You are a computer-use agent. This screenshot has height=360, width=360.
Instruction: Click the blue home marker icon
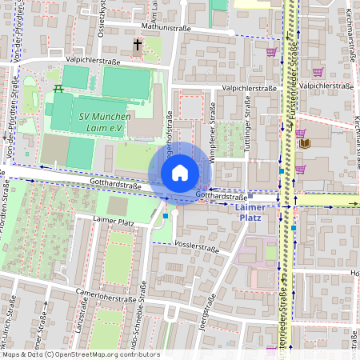(x=180, y=173)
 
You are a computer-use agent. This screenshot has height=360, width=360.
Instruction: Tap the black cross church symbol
(x=138, y=45)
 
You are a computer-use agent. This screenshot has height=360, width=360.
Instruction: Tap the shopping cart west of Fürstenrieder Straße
(x=271, y=52)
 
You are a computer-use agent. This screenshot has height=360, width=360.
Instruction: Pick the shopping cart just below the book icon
(x=300, y=169)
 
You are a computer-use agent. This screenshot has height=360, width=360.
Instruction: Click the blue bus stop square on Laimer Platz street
(x=165, y=215)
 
